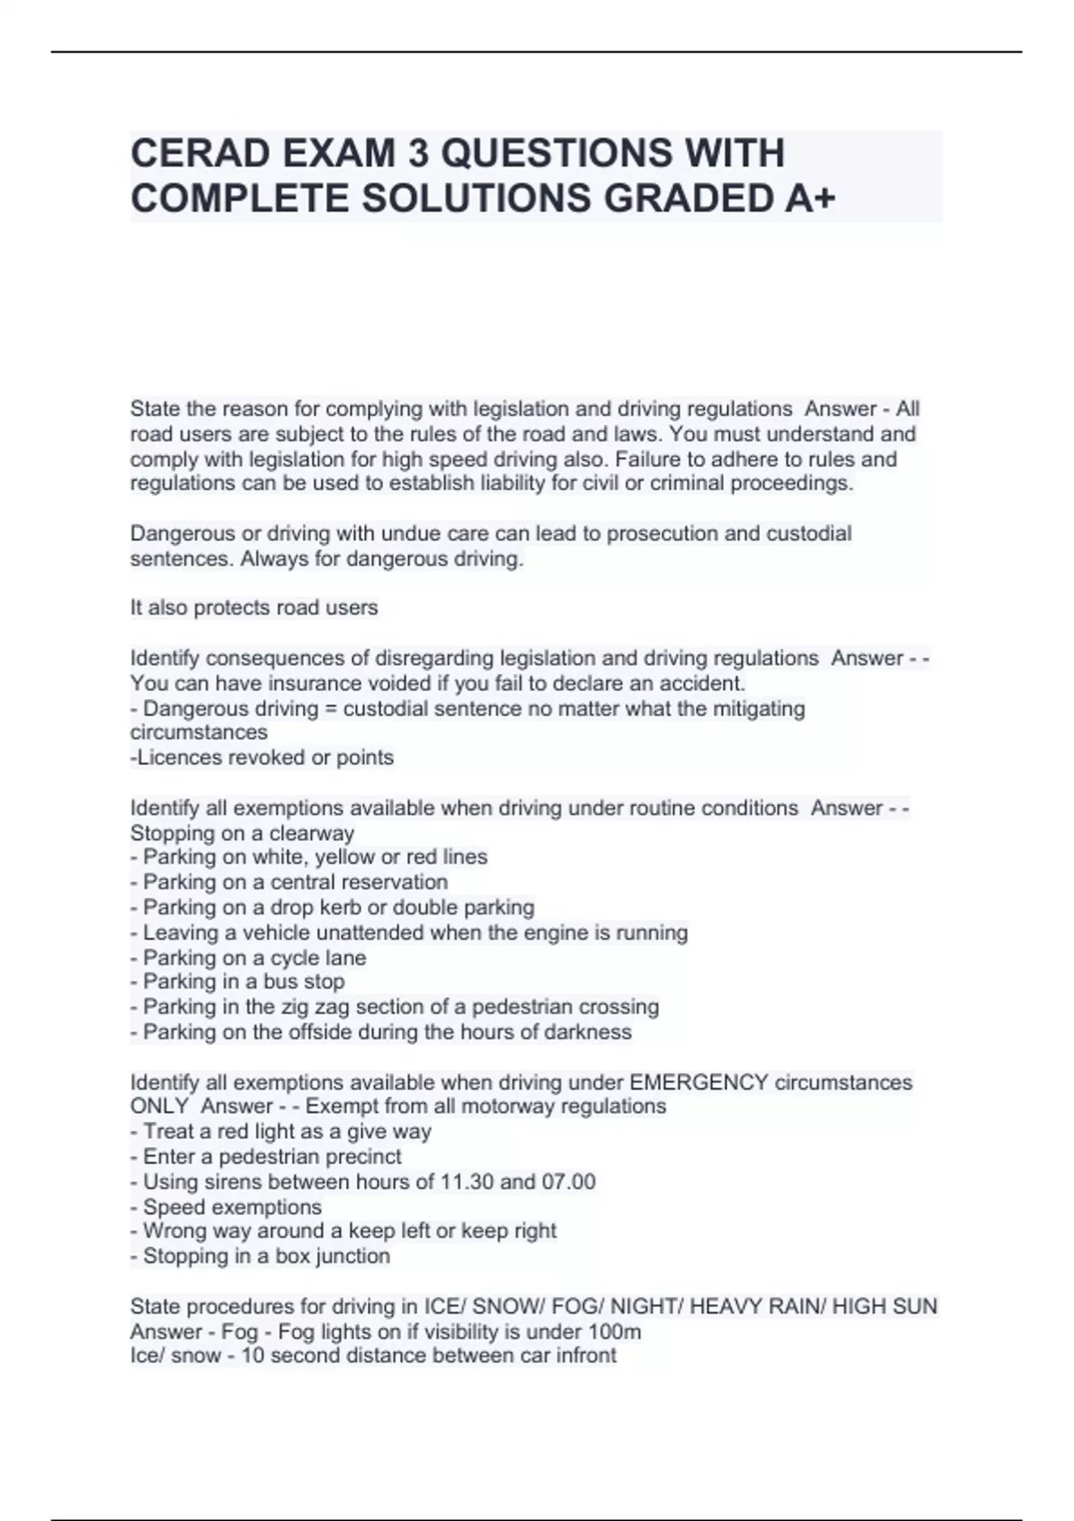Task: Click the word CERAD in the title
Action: click(200, 153)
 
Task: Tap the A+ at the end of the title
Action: click(810, 199)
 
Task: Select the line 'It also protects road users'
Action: click(254, 608)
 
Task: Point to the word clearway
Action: click(312, 833)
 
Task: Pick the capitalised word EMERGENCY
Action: click(699, 1083)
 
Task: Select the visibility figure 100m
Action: click(615, 1331)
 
